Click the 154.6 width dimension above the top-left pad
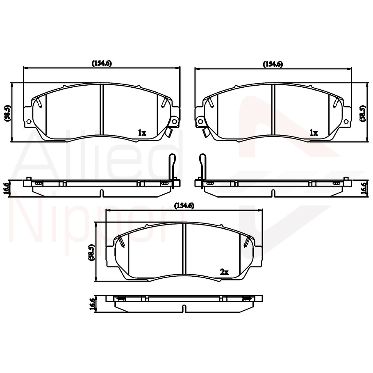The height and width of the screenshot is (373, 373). pyautogui.click(x=102, y=64)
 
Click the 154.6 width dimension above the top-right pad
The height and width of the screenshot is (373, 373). pyautogui.click(x=273, y=64)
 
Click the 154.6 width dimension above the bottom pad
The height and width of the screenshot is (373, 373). pyautogui.click(x=184, y=205)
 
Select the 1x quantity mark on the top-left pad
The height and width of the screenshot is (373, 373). pyautogui.click(x=142, y=133)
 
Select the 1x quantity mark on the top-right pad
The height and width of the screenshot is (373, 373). pyautogui.click(x=314, y=133)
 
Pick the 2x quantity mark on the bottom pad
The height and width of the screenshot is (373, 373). pyautogui.click(x=224, y=272)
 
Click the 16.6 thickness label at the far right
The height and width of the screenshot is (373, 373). pyautogui.click(x=363, y=188)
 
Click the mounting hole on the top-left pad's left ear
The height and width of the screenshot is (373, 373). pyautogui.click(x=28, y=121)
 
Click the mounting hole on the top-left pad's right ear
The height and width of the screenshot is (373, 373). pyautogui.click(x=174, y=122)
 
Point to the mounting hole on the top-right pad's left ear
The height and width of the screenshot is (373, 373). pyautogui.click(x=200, y=121)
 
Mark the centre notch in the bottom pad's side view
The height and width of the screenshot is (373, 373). pyautogui.click(x=184, y=307)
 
